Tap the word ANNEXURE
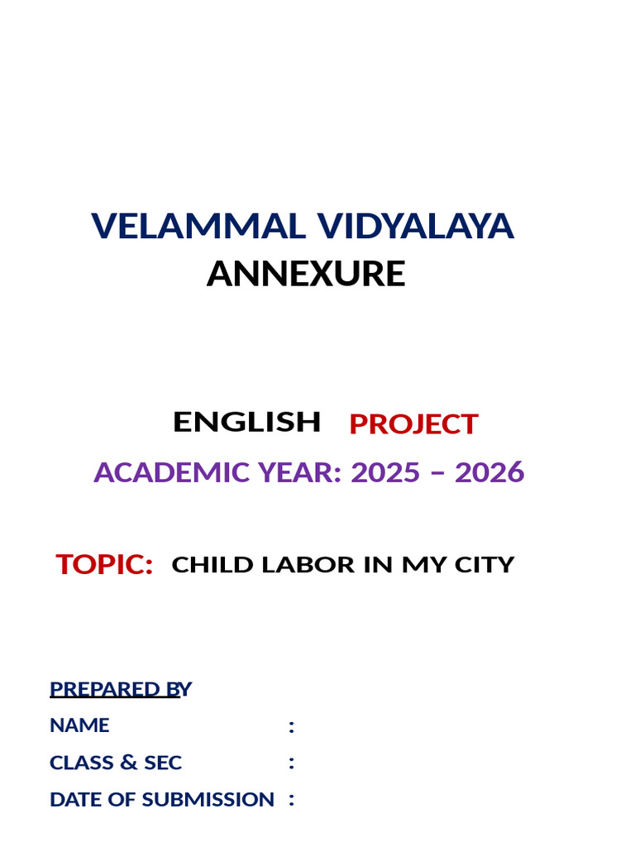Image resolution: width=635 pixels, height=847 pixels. pos(306,274)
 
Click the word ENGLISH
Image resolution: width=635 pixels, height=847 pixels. pos(246,422)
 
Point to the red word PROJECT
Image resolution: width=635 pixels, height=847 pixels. pos(413,424)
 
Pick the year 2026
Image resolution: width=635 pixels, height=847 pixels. pos(489,472)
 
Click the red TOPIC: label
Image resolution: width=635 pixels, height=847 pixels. pos(104,564)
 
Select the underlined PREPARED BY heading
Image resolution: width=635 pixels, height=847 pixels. pos(120,689)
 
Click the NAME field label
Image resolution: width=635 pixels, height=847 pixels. pos(79,725)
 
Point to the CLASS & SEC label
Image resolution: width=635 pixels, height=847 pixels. pos(116,763)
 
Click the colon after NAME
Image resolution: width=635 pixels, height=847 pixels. pos(291,726)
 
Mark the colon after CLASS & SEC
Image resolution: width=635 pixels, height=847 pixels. pos(291,763)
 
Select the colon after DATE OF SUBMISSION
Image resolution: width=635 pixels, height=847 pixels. pos(291,801)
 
